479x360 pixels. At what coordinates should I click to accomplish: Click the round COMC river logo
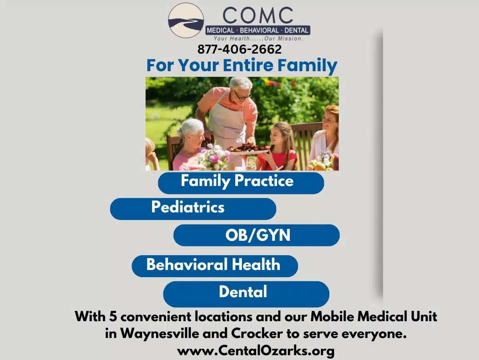[x=186, y=20]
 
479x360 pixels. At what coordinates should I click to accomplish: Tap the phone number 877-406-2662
[x=239, y=49]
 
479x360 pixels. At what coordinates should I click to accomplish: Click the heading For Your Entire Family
[x=242, y=65]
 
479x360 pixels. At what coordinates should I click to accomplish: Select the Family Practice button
[x=241, y=182]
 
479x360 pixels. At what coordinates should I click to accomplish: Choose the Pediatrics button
[x=193, y=208]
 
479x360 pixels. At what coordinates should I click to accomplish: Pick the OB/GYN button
[x=257, y=235]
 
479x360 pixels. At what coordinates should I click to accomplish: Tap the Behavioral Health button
[x=215, y=266]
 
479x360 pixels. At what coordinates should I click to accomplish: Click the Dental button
[x=246, y=293]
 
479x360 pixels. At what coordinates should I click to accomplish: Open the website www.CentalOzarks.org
[x=255, y=351]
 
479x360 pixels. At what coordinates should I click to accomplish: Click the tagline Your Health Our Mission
[x=258, y=39]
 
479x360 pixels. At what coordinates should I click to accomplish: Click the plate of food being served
[x=248, y=148]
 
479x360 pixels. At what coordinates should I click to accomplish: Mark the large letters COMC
[x=257, y=16]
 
